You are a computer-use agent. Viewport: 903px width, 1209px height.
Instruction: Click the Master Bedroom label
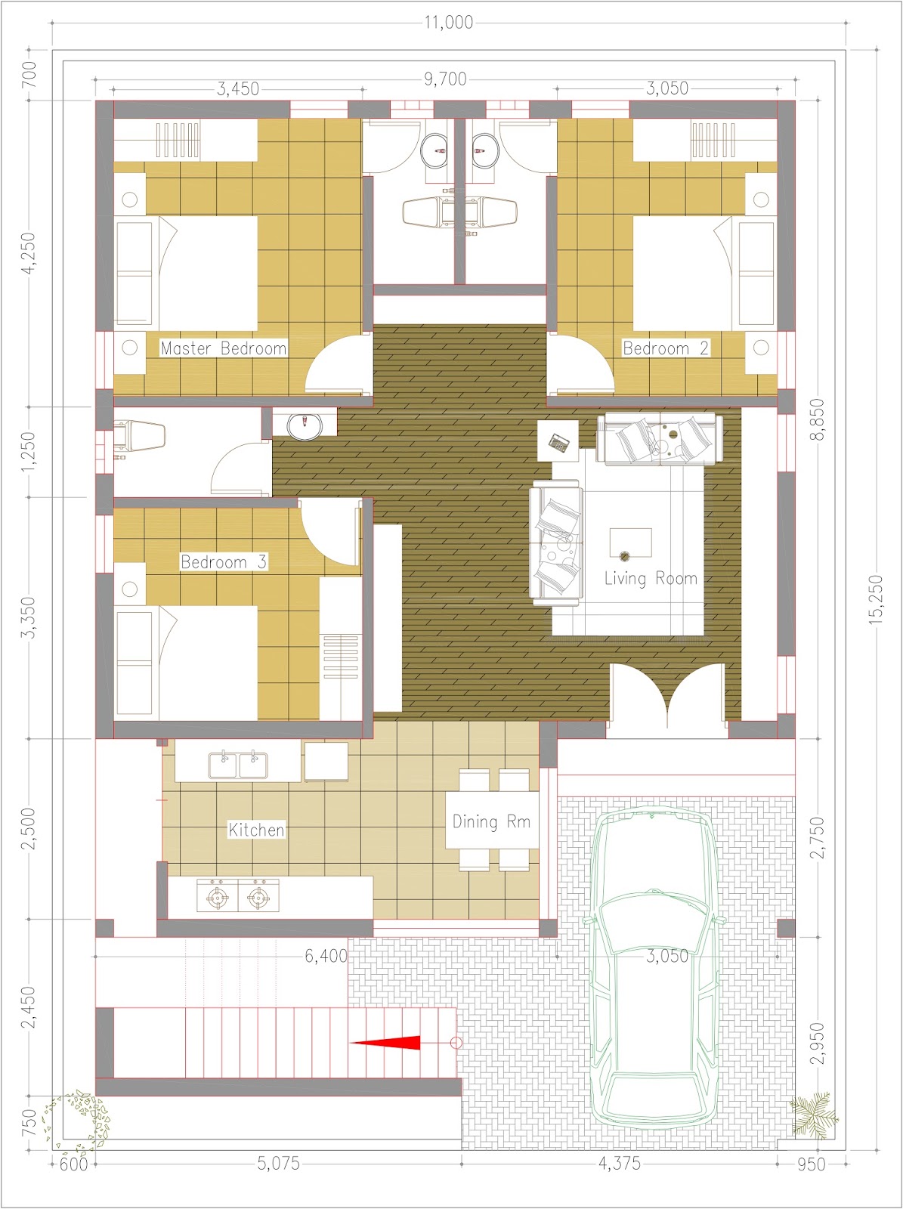pos(224,348)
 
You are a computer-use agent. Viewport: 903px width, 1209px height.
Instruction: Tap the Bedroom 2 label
pos(665,348)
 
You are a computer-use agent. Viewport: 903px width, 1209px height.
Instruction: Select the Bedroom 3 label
pos(224,562)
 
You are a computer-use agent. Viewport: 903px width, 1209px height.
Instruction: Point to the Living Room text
pos(651,578)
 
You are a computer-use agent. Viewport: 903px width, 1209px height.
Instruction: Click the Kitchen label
pos(257,830)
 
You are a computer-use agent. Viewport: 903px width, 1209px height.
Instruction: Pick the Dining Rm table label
pos(491,821)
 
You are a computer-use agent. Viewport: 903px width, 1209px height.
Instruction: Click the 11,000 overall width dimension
pos(448,23)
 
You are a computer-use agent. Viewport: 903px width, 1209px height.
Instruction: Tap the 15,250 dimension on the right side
pos(876,599)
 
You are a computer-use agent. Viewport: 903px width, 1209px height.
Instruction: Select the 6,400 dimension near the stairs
pos(326,956)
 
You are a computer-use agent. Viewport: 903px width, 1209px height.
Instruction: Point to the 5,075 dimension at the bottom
pos(279,1163)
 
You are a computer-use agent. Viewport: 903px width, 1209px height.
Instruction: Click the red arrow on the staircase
pos(385,1043)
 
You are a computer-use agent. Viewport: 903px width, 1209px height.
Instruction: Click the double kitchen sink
pos(238,765)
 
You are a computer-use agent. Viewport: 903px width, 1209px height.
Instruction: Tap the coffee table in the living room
pos(630,543)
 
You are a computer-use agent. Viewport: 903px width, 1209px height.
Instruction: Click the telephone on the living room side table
pos(560,442)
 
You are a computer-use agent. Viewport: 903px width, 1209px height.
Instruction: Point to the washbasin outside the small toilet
pos(305,427)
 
